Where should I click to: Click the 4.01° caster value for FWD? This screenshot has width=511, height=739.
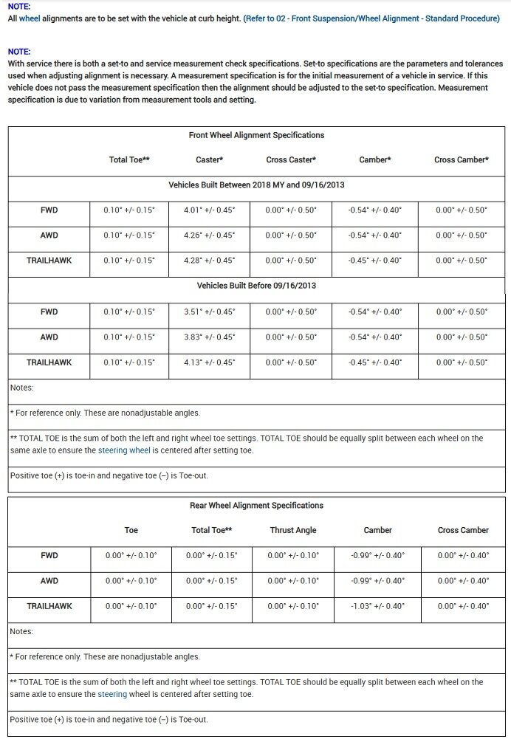click(210, 210)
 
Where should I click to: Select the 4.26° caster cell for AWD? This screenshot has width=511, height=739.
click(210, 236)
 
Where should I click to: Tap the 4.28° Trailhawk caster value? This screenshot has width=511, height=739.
click(210, 261)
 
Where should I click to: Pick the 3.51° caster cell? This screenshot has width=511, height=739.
click(210, 312)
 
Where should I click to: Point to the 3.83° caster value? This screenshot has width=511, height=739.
click(210, 337)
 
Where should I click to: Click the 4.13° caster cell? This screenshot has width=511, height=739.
click(210, 362)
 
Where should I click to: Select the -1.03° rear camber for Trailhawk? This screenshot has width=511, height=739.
click(376, 606)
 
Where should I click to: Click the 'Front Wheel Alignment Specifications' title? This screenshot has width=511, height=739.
click(256, 136)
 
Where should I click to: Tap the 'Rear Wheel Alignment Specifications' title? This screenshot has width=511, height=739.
click(256, 506)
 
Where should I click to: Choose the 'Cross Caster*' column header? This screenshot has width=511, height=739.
click(291, 160)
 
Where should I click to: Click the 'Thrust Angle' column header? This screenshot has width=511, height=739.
click(293, 530)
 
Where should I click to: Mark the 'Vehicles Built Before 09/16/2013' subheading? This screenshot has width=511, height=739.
click(256, 286)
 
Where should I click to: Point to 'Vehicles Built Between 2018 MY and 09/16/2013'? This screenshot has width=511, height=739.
click(256, 184)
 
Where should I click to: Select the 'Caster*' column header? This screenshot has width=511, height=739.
click(210, 160)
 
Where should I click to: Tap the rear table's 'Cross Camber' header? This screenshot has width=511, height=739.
click(463, 530)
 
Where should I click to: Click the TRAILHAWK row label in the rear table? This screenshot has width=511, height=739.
click(49, 606)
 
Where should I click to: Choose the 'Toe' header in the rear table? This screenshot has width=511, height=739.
click(131, 530)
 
